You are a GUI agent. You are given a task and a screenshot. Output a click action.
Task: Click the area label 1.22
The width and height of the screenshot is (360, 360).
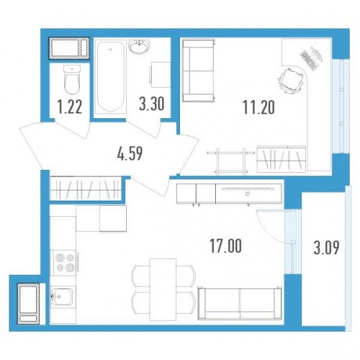tap(70, 107)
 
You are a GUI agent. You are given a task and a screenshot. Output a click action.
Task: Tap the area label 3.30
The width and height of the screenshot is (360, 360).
tap(152, 104)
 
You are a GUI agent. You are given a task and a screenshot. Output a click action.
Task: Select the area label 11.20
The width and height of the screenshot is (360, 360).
tap(258, 108)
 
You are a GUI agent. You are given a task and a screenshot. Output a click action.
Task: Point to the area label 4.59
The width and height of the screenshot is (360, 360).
tap(130, 153)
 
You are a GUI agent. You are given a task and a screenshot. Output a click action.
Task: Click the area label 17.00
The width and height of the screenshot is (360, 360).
tap(226, 246)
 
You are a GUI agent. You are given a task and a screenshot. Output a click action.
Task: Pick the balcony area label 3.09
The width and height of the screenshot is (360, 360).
tap(326, 248)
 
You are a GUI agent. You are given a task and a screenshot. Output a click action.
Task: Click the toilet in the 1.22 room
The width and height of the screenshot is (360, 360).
tap(72, 80)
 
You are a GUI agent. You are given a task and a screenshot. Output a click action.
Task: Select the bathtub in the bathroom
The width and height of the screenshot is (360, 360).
tap(110, 77)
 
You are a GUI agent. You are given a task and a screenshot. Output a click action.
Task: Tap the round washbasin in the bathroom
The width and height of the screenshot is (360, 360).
tap(139, 47)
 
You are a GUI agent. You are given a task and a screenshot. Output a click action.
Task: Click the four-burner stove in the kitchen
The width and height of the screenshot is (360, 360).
tap(64, 262)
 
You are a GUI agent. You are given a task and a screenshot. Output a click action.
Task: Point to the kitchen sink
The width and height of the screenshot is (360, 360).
tap(63, 297)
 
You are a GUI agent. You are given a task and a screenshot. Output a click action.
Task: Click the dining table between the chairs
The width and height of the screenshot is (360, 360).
tap(163, 290)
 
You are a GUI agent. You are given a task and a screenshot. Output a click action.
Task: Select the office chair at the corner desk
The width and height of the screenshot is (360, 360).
tap(291, 81)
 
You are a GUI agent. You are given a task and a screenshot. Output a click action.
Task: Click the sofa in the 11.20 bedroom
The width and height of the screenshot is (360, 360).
tap(199, 70)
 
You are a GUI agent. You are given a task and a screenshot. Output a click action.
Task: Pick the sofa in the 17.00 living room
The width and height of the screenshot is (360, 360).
tap(239, 303)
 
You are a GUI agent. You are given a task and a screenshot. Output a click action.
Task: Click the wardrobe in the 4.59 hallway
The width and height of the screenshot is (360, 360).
tap(85, 189)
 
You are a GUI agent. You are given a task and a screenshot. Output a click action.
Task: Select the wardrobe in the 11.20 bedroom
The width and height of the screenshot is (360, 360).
tap(281, 160)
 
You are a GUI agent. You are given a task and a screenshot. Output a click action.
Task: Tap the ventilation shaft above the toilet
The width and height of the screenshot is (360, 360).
tap(69, 49)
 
